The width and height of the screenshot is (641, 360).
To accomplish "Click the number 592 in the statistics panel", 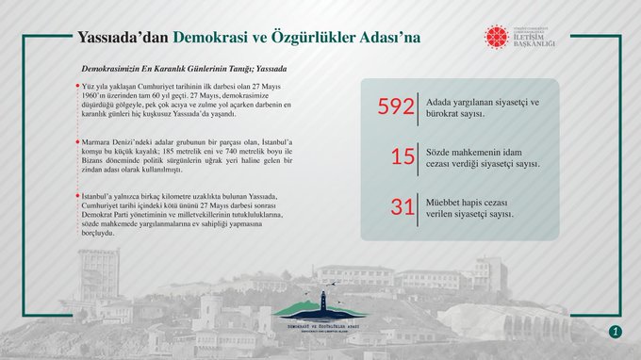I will click(x=396, y=107).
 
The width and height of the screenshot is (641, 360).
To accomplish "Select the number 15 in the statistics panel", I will click(x=403, y=156).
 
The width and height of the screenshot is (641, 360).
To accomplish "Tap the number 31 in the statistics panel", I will click(x=403, y=207).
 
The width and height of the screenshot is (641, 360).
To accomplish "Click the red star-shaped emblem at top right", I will click(x=496, y=37).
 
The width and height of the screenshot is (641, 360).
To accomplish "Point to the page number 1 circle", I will click(x=615, y=331).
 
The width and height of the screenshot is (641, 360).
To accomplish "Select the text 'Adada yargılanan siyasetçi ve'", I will click(x=483, y=101).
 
